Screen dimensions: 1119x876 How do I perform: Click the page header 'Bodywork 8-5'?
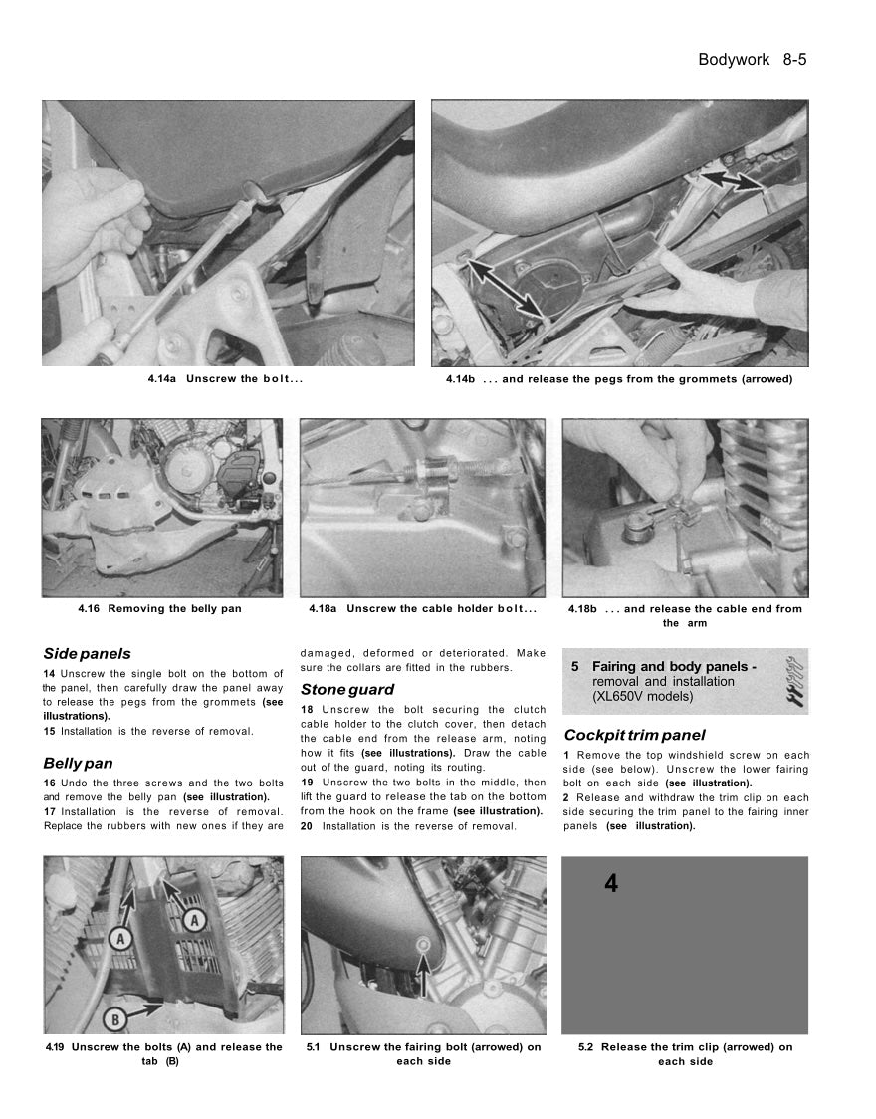click(752, 60)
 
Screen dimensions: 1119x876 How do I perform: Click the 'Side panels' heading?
click(87, 654)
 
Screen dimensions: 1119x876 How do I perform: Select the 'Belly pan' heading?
click(78, 763)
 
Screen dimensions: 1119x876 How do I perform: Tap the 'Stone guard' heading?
click(346, 689)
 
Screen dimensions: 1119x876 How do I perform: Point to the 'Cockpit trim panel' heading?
click(634, 735)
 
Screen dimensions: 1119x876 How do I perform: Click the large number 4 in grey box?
click(610, 883)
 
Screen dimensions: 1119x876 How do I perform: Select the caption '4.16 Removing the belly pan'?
click(159, 609)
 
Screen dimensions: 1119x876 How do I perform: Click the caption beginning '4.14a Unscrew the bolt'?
click(225, 379)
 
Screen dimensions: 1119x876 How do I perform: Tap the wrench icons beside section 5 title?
click(795, 681)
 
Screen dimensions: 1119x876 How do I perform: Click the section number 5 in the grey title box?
click(575, 666)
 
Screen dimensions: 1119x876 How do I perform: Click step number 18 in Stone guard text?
click(307, 710)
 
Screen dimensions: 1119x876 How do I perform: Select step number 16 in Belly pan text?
click(50, 783)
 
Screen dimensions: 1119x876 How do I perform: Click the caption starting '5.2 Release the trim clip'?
click(685, 1053)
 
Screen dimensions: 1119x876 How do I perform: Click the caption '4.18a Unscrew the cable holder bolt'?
click(422, 609)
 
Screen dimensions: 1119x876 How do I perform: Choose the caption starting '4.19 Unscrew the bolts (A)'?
click(163, 1053)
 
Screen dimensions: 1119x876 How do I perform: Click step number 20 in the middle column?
click(307, 826)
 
